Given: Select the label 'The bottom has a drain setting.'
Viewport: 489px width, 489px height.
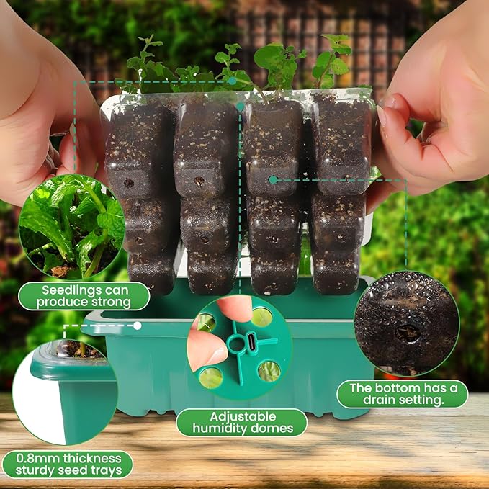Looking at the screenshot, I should point(402,394).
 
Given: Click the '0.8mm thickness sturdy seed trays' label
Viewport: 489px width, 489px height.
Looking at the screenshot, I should point(66,465).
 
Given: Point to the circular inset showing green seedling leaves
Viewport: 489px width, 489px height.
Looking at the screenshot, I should point(71,227).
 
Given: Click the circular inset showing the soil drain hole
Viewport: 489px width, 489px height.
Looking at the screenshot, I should point(406,323).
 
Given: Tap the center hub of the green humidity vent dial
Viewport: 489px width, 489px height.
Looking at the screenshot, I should point(237,343).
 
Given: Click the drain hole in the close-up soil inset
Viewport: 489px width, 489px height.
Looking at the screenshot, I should point(408,333).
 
